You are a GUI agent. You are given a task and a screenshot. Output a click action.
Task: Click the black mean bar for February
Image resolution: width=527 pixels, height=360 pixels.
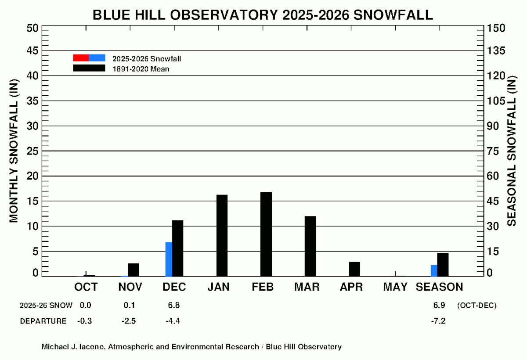tap(266, 234)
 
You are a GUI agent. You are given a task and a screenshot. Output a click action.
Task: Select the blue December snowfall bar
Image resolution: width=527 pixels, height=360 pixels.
tap(169, 259)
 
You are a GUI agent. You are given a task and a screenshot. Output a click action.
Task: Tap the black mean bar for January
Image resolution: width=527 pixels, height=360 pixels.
tap(222, 236)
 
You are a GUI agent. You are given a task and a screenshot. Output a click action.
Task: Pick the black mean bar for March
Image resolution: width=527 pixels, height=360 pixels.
tap(310, 246)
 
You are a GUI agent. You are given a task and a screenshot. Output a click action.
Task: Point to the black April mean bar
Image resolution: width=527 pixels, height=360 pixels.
tap(354, 269)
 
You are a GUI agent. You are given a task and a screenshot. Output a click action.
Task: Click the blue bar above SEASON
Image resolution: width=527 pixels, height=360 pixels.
tap(434, 271)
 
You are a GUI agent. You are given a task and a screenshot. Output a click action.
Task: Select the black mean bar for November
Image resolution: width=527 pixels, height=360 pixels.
tap(134, 270)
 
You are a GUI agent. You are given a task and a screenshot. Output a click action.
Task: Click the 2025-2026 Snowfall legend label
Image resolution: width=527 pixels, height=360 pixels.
tap(147, 58)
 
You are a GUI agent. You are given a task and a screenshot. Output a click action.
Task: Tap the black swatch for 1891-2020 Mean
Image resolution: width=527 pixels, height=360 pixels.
tap(89, 68)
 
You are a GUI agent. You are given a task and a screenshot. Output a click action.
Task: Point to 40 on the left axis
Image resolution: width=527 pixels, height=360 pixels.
tap(32, 76)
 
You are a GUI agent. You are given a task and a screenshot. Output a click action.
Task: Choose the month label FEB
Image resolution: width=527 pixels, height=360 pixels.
tap(263, 287)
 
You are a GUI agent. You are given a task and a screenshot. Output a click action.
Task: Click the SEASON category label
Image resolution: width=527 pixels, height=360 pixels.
tap(439, 287)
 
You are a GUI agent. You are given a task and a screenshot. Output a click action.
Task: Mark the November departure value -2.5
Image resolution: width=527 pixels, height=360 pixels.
tap(129, 321)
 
